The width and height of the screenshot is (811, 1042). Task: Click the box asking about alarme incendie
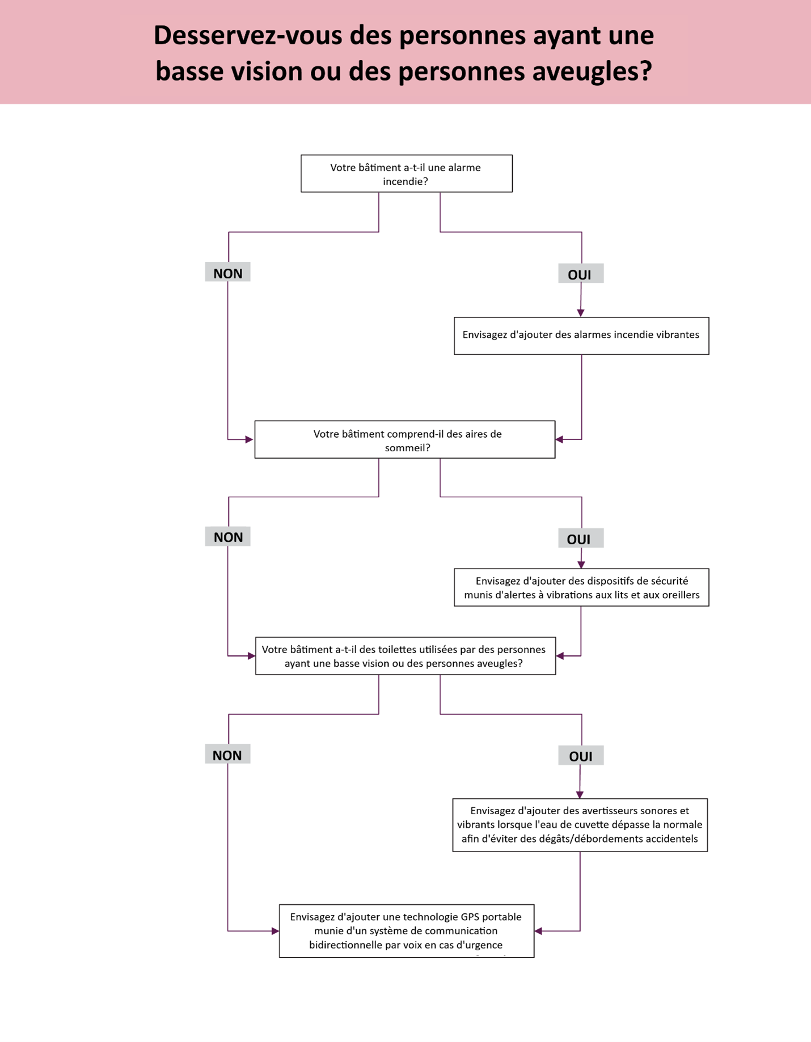(x=406, y=173)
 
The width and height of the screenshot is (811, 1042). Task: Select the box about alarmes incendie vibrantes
(x=581, y=336)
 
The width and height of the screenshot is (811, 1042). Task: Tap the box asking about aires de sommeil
(x=404, y=439)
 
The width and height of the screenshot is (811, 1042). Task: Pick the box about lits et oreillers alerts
(x=581, y=587)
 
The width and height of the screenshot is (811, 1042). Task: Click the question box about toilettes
(x=405, y=656)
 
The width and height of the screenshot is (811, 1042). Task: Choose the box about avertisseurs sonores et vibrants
(x=580, y=825)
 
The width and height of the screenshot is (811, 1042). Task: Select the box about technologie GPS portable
(x=406, y=931)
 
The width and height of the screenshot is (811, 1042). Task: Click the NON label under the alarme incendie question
(x=227, y=273)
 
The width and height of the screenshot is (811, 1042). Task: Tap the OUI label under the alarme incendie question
(x=580, y=274)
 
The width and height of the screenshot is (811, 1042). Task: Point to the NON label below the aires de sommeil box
(x=227, y=537)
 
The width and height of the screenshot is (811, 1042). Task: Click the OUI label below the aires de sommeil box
(x=580, y=539)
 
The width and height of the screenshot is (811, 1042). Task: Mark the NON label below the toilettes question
(x=227, y=755)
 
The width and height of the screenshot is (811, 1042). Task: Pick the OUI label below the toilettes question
(x=580, y=756)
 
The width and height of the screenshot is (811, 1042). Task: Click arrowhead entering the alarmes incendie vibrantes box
(x=580, y=313)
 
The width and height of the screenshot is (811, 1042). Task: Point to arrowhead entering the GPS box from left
(x=275, y=931)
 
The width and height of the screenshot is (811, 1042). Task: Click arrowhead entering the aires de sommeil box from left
(x=249, y=439)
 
